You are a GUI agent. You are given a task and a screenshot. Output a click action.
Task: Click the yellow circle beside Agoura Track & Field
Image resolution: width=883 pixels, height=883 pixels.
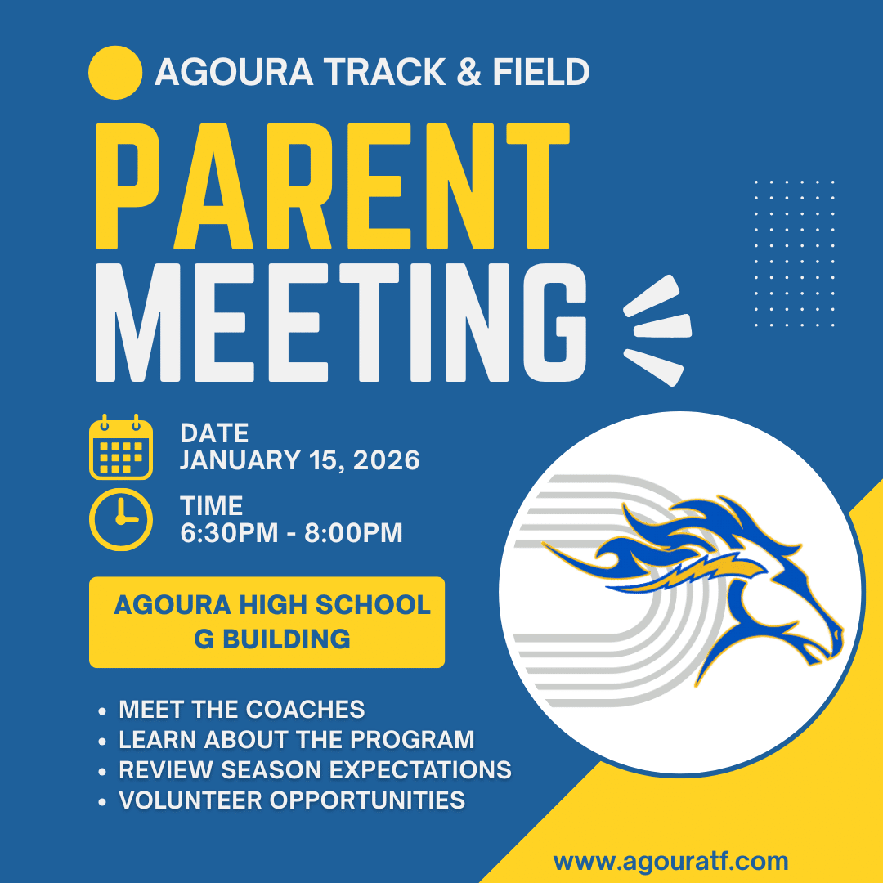coord(115,73)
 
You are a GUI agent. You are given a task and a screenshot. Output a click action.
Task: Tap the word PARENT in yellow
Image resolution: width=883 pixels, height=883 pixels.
coord(333,186)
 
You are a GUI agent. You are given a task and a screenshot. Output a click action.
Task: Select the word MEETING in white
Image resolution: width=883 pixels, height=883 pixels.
coord(341,322)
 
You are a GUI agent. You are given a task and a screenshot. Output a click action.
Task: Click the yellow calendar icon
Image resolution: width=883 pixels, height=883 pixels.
coord(121,446)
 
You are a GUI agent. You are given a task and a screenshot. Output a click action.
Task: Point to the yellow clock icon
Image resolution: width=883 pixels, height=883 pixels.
coord(121,519)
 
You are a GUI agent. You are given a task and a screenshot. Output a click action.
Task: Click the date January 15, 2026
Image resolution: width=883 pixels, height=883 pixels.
coord(299,460)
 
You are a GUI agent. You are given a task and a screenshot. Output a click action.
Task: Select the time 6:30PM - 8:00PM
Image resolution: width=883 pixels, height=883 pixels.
coord(291,533)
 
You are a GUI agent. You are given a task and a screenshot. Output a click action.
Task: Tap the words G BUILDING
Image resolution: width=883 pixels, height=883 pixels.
coord(272,639)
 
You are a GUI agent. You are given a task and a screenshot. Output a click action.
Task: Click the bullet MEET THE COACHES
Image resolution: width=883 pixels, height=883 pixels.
coord(241,709)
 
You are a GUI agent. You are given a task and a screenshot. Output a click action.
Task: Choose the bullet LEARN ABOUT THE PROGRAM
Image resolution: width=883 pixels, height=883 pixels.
coord(296,739)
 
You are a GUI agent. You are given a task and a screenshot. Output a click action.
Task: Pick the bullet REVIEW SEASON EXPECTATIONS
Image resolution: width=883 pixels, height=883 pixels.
coord(315,770)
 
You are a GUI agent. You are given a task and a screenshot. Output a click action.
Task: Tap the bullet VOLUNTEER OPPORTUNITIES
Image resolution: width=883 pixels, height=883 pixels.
coord(292,800)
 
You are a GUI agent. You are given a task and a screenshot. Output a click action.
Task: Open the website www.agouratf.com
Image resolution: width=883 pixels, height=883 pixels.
coord(670,862)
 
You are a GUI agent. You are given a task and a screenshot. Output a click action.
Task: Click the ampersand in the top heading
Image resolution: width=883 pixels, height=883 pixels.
coord(468,72)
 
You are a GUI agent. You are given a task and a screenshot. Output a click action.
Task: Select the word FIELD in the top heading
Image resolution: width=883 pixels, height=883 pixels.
coord(541,72)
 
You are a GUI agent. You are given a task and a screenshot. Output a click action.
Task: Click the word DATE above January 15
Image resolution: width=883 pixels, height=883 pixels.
coord(214,433)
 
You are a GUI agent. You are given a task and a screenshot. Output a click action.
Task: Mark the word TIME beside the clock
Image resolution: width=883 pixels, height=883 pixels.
coord(211,506)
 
